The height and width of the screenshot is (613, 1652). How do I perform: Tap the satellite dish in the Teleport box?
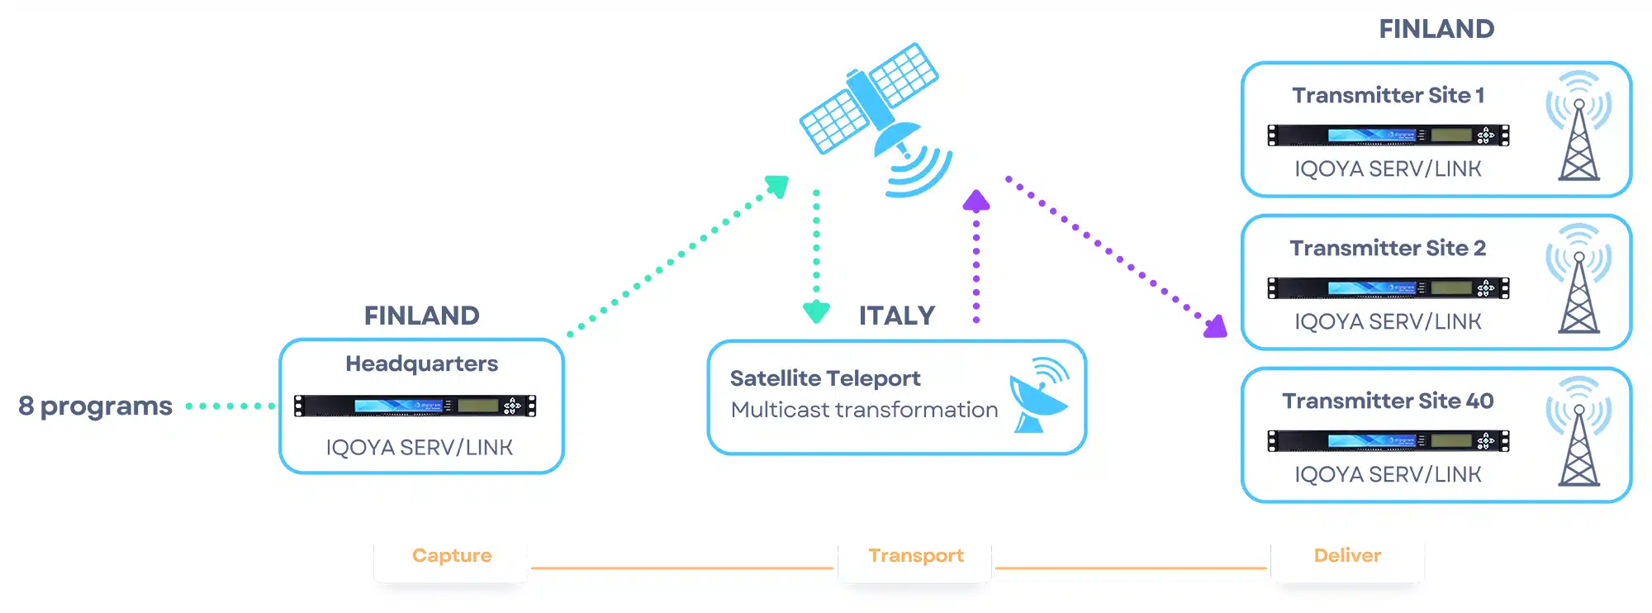(1039, 396)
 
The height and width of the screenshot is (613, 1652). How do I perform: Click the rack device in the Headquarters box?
(415, 406)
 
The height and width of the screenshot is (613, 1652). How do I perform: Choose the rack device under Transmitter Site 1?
(1389, 135)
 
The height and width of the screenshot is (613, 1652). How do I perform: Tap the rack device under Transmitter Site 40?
(1389, 440)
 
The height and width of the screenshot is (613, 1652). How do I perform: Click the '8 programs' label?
(96, 406)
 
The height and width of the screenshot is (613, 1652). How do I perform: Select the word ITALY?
(897, 316)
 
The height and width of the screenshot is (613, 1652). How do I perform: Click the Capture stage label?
(452, 555)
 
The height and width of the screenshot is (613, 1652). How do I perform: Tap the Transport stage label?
(916, 556)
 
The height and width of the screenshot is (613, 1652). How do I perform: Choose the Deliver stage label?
(1347, 555)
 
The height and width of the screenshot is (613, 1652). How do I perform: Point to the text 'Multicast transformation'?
(864, 410)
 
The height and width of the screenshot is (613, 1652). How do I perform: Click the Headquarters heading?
(422, 364)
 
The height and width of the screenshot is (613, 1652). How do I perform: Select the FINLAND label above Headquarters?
(422, 316)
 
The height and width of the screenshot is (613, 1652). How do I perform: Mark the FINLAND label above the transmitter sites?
(1436, 29)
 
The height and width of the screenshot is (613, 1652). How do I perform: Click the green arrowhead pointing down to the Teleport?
(816, 312)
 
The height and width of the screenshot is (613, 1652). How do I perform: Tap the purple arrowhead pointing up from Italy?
(976, 201)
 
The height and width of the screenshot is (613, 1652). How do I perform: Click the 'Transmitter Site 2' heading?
(1388, 248)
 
